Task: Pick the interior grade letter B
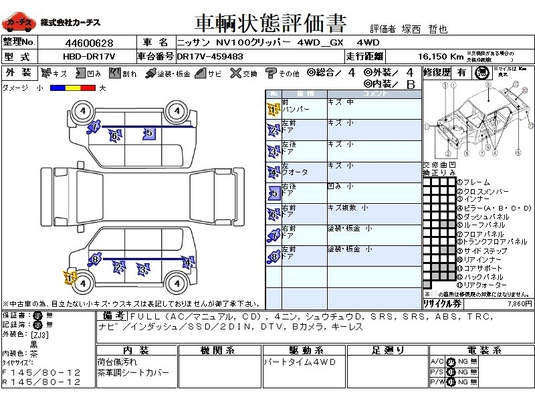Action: [x=411, y=84]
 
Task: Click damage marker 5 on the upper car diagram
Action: [x=148, y=134]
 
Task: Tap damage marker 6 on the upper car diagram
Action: [x=114, y=136]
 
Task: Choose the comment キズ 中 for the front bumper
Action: [x=342, y=103]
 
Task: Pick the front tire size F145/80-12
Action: [x=41, y=372]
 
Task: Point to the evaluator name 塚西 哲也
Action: [x=428, y=29]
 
